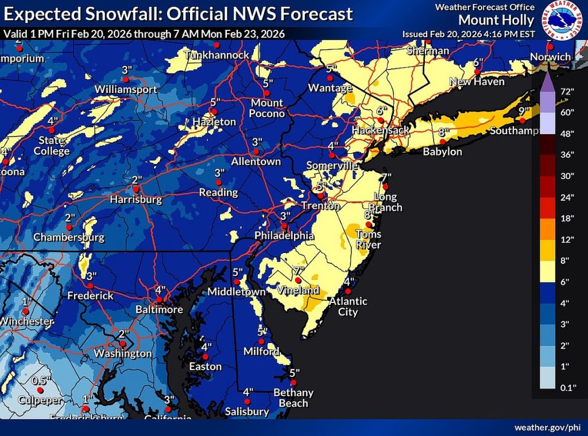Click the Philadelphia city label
285,236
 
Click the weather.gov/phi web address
547,427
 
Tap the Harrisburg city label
136,200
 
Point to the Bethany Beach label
293,398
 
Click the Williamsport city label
126,90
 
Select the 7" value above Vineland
298,270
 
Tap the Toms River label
368,239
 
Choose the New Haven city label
477,82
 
